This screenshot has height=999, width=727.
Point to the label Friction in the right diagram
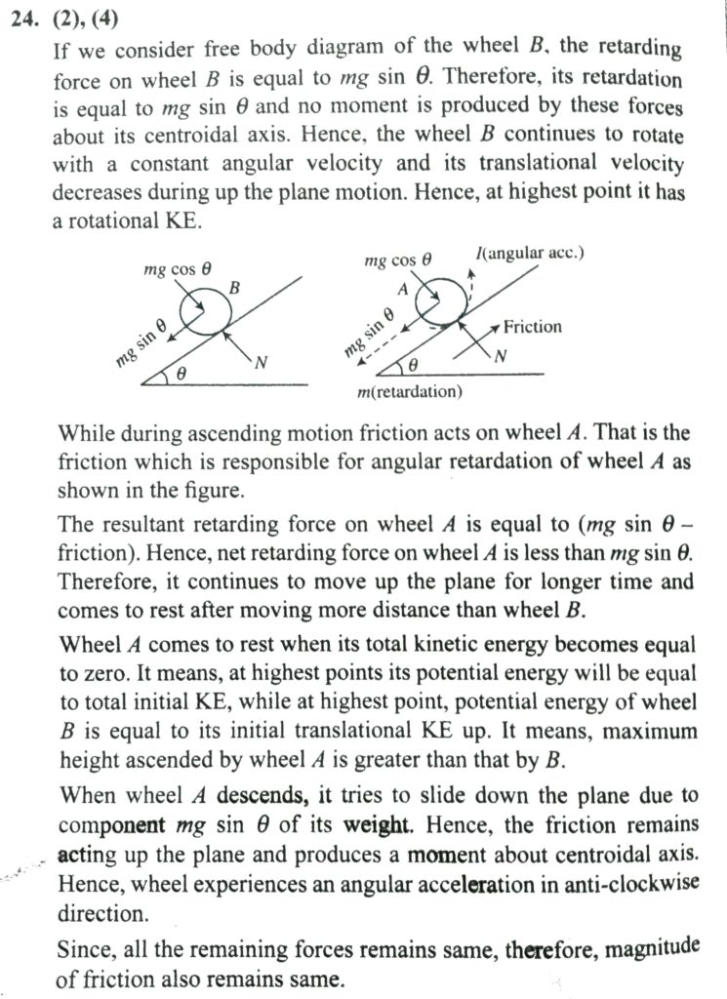(x=533, y=327)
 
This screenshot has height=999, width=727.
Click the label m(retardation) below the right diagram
(x=410, y=392)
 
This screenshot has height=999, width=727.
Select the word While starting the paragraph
(x=87, y=432)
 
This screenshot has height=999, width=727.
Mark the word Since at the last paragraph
(x=83, y=948)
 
